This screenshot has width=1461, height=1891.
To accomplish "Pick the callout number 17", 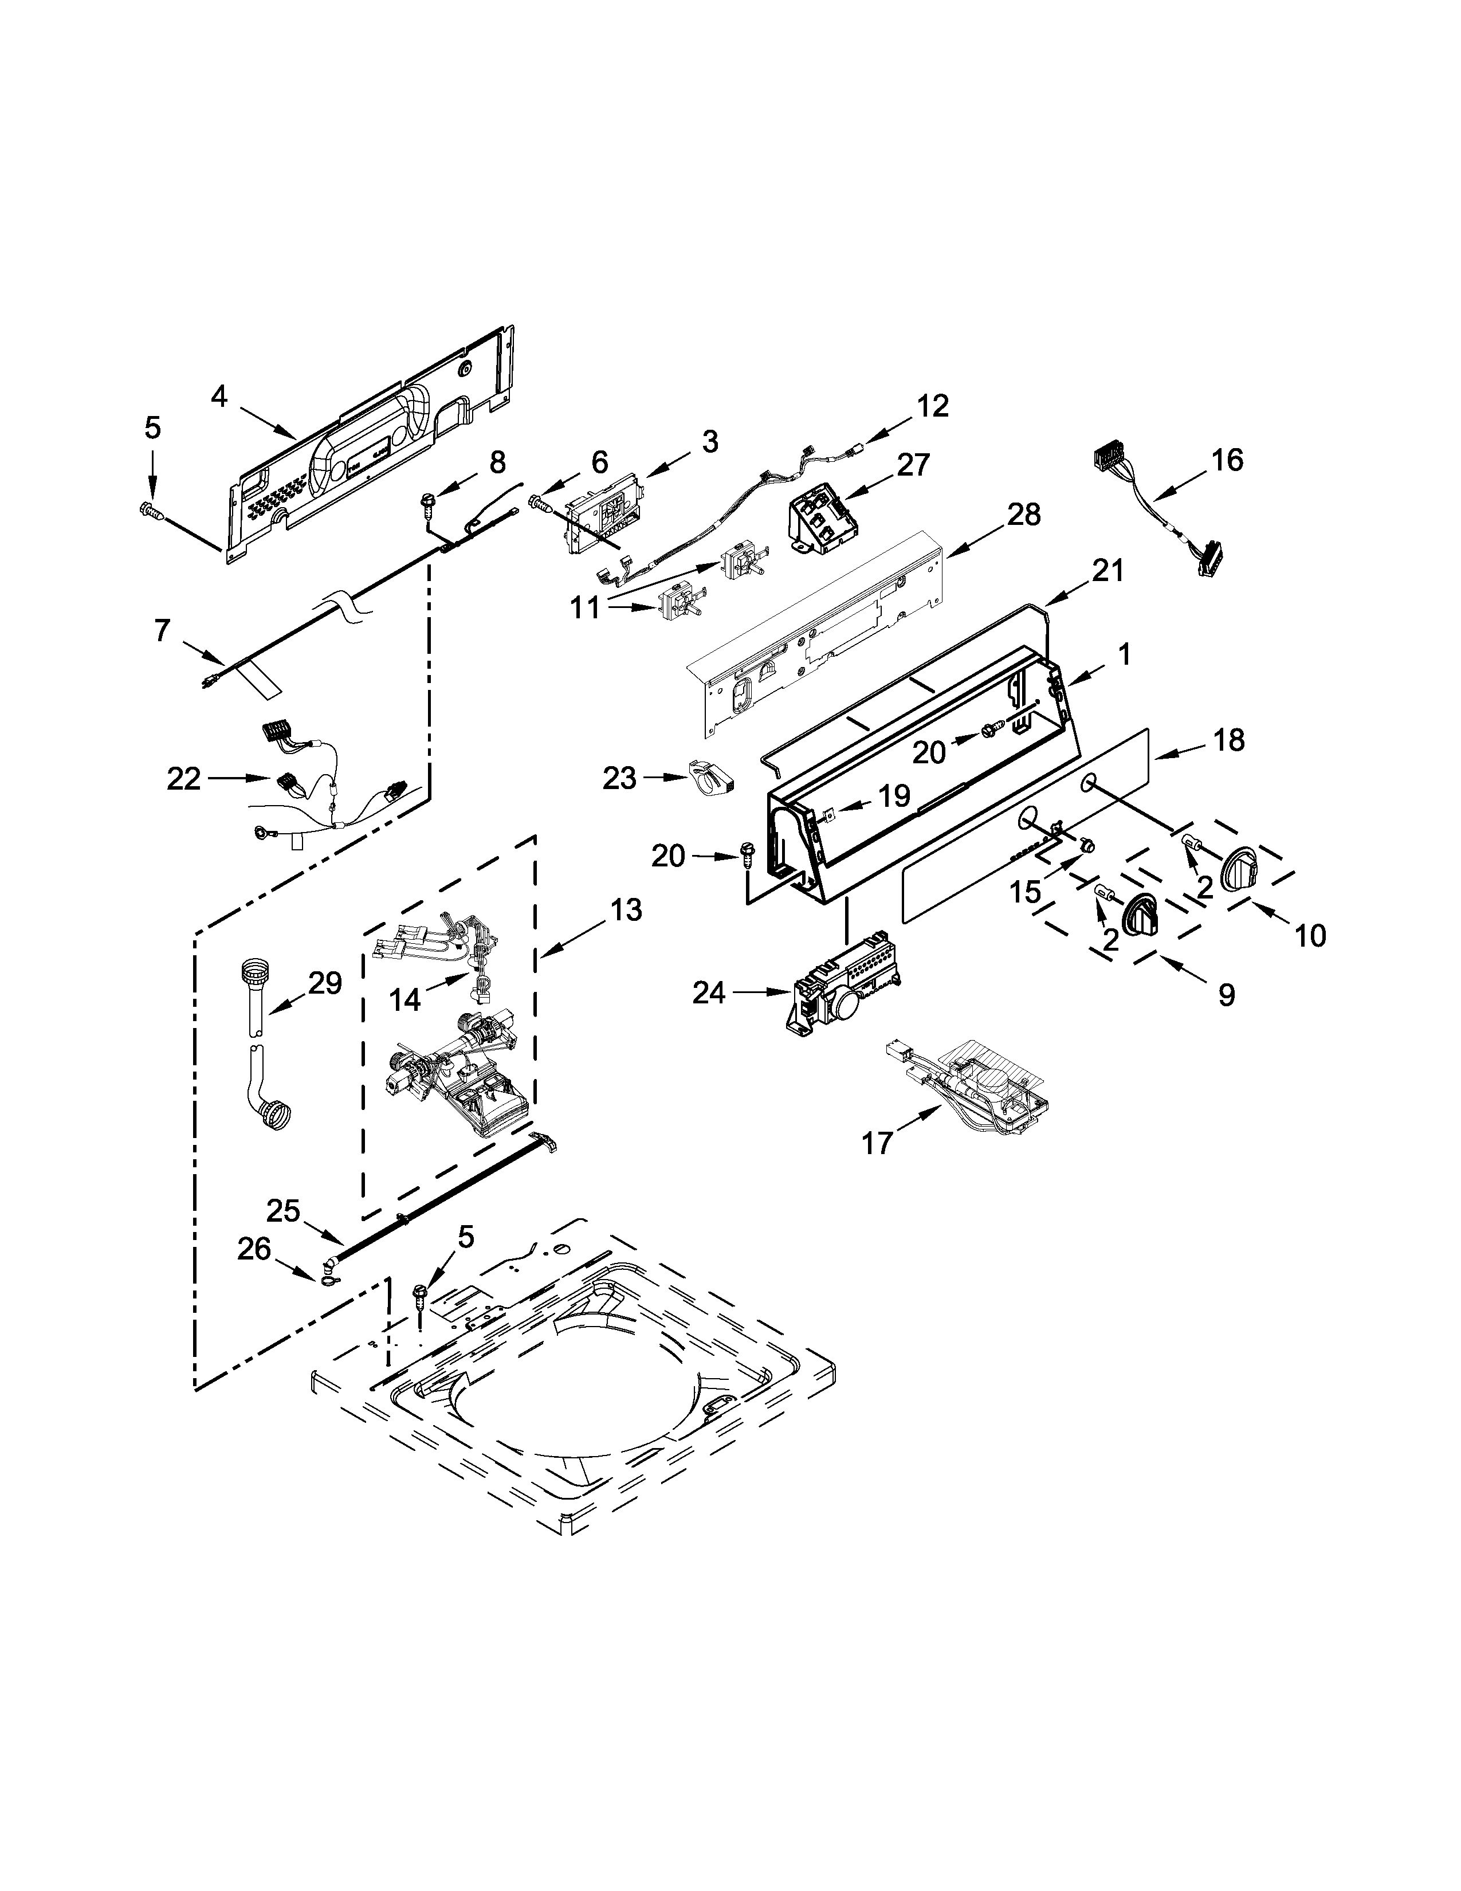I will [877, 1144].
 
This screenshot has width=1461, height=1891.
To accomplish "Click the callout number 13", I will [625, 909].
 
